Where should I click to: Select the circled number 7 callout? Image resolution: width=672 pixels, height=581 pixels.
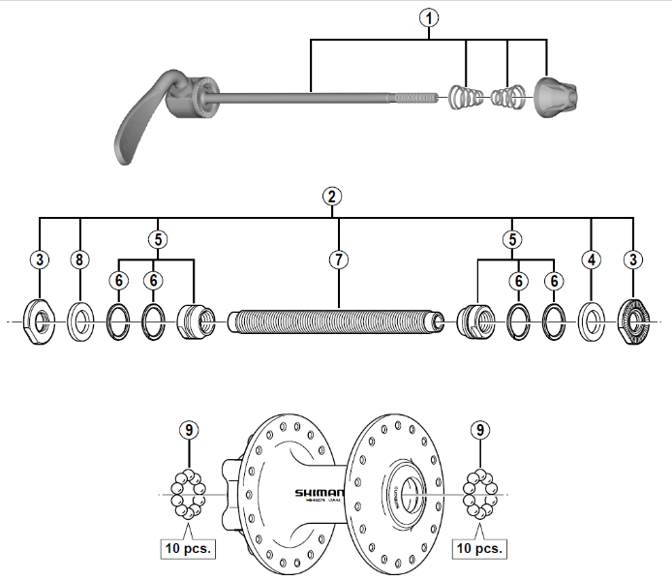click(x=339, y=259)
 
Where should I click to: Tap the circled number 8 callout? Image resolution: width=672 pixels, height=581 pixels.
click(x=80, y=259)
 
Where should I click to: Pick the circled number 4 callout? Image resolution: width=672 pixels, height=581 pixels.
click(x=591, y=259)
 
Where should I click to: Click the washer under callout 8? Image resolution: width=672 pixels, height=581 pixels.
click(x=80, y=319)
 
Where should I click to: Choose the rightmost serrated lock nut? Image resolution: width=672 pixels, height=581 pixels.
click(x=633, y=319)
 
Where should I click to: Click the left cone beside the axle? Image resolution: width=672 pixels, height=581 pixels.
click(x=195, y=319)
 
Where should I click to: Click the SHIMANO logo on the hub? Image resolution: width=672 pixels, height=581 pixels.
click(x=319, y=493)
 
